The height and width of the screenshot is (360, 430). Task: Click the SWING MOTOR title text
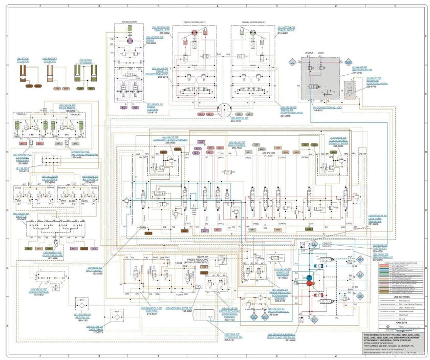130,22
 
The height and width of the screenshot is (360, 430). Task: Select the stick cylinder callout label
23,60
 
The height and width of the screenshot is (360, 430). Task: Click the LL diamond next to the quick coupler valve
293,61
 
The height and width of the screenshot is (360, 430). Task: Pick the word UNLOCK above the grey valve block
310,53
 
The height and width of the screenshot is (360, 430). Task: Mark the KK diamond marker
360,297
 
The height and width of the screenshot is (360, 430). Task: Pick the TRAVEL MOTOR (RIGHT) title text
252,23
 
